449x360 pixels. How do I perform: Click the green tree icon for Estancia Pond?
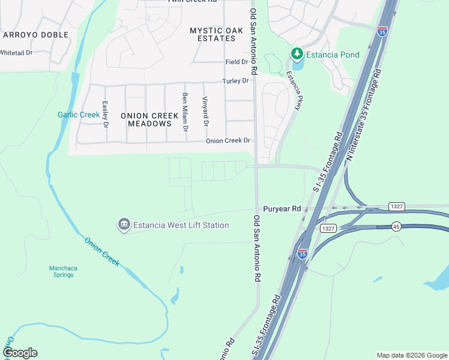(x=297, y=55)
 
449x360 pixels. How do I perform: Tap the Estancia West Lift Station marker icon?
(x=124, y=225)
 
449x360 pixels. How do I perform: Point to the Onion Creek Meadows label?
(x=149, y=119)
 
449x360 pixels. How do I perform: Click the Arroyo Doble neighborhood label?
(x=29, y=35)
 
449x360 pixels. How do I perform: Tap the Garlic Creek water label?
(x=79, y=115)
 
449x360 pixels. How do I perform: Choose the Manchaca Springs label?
(x=61, y=271)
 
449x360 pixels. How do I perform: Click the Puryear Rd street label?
(x=282, y=209)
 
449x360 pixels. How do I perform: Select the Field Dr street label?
(x=237, y=62)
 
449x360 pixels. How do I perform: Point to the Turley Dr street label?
(x=235, y=81)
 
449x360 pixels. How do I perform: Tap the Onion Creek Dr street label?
(x=228, y=141)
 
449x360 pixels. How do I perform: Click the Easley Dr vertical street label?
(x=105, y=114)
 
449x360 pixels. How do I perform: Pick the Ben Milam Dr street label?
(x=185, y=112)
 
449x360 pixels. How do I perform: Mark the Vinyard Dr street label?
(x=205, y=112)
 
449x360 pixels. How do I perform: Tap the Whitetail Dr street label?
(x=16, y=53)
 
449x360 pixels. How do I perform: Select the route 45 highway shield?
(x=396, y=226)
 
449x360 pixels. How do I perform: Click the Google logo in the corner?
(x=20, y=353)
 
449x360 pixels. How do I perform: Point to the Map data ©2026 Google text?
(x=411, y=355)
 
